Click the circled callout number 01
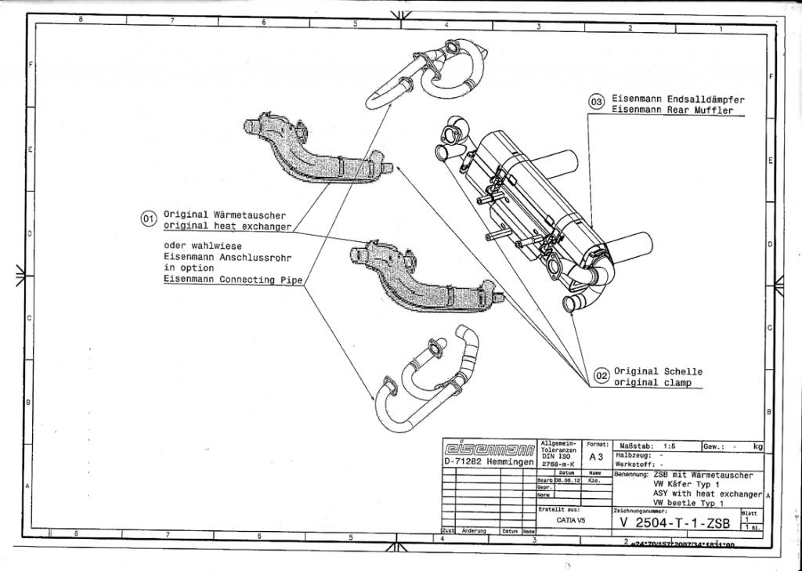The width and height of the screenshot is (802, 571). (148, 219)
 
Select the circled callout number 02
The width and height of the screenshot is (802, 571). (601, 376)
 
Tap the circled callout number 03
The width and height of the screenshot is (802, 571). (597, 101)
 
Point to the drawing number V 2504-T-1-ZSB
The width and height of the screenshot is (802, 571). (674, 522)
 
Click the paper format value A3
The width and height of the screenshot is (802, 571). (596, 457)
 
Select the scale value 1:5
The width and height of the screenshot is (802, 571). (667, 446)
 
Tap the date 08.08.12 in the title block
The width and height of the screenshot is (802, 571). (567, 480)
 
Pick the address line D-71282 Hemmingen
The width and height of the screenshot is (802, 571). (489, 462)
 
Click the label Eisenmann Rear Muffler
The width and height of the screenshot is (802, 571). (673, 111)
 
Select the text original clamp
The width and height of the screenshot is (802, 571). (652, 383)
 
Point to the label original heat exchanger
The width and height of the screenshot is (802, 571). (227, 226)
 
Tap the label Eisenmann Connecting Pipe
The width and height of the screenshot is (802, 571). (233, 280)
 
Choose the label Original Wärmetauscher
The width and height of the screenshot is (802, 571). (225, 214)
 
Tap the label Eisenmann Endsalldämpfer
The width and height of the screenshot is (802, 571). (677, 99)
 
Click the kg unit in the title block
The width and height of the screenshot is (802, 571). (757, 446)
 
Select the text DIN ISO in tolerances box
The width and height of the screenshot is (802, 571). (558, 457)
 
